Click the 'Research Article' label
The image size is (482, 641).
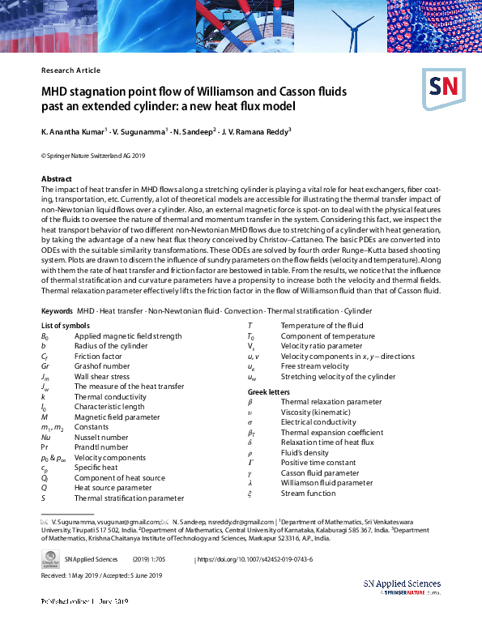point(70,71)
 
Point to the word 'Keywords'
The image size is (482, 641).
point(58,311)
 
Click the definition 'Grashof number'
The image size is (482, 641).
point(101,366)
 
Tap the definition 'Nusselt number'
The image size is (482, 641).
point(100,437)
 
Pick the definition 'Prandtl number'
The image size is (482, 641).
point(100,447)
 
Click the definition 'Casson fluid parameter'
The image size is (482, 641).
point(319,473)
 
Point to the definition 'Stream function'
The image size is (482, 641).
point(307,494)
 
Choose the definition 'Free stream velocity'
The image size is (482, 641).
point(315,366)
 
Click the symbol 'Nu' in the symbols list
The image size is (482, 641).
point(45,437)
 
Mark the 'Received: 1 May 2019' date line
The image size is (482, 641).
point(75,575)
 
